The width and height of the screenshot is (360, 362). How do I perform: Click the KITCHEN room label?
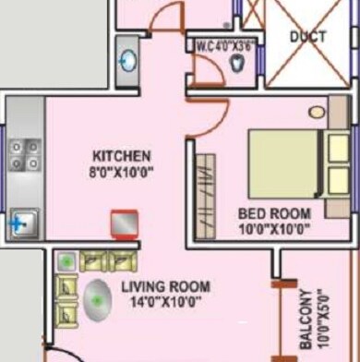pos(121,154)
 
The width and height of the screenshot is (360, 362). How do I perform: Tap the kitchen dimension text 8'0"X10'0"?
pos(121,170)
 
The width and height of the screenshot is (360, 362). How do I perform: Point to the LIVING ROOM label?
pos(165,286)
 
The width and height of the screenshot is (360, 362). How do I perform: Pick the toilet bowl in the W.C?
pos(240,64)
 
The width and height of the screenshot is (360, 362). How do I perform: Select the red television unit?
pos(123,224)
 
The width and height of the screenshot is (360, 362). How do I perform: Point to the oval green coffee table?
pos(97,301)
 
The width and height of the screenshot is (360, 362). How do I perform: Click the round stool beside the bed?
pos(317,112)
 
